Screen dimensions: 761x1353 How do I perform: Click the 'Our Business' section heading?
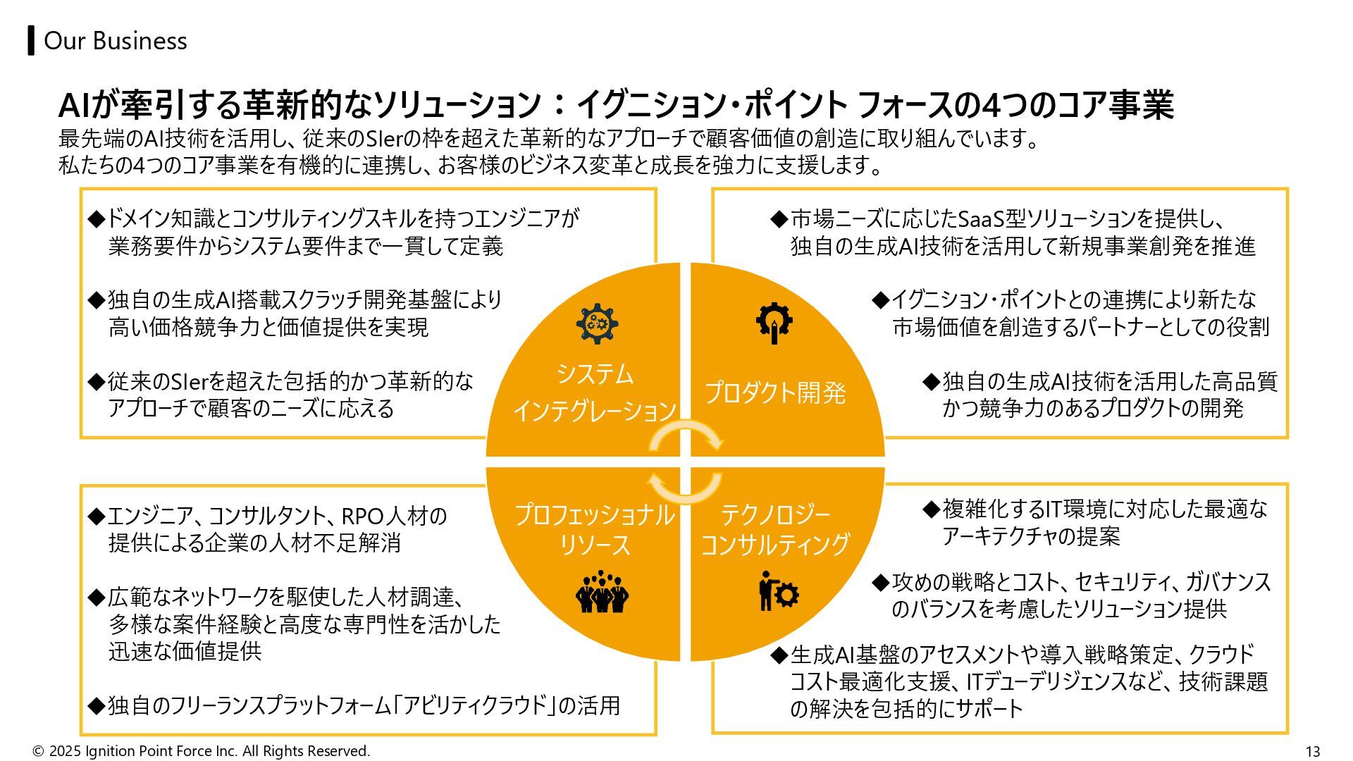[x=115, y=41]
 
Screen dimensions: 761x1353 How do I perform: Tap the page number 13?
[x=1312, y=751]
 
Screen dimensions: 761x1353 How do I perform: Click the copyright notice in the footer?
[x=202, y=751]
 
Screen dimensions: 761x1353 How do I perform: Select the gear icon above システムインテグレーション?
[x=597, y=323]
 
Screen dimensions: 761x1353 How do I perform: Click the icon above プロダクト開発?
[x=774, y=323]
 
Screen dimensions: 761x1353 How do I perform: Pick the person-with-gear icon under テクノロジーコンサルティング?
[x=778, y=592]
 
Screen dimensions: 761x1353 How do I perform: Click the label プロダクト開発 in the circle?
[x=775, y=392]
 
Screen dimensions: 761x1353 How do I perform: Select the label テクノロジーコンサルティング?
[x=775, y=530]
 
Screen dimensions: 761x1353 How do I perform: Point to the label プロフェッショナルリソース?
[x=594, y=530]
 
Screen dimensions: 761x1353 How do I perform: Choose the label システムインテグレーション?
[x=594, y=392]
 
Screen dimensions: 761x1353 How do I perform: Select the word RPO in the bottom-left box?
[x=362, y=516]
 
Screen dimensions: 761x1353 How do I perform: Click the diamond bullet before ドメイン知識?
[x=96, y=218]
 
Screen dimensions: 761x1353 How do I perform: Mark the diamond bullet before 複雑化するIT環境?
[x=932, y=509]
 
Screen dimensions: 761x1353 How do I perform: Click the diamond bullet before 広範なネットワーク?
[x=96, y=598]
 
